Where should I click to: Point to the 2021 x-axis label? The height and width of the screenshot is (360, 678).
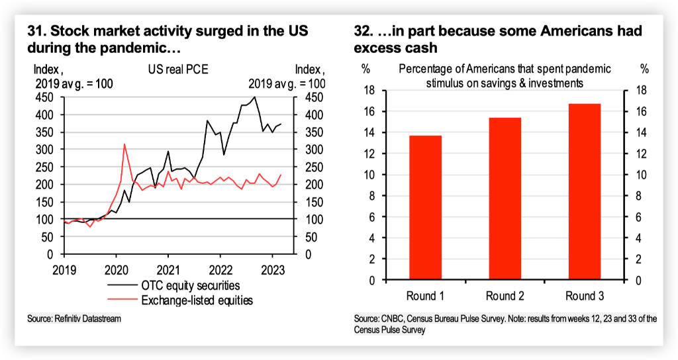coord(168,270)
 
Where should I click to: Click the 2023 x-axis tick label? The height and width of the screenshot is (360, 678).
coord(273,270)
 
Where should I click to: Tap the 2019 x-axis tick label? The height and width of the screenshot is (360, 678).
coord(64,270)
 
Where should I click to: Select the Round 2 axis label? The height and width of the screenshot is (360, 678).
coord(505,296)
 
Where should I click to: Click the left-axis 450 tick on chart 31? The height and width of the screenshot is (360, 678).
coord(45,97)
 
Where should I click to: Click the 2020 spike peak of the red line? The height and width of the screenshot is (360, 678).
coord(124,144)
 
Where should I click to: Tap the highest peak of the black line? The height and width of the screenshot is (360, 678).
coord(255,97)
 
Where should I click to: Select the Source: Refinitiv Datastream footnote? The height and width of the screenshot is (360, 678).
coord(74,319)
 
